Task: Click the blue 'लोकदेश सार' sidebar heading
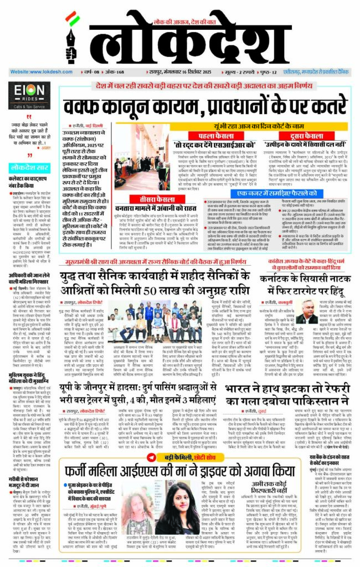(28, 166)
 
